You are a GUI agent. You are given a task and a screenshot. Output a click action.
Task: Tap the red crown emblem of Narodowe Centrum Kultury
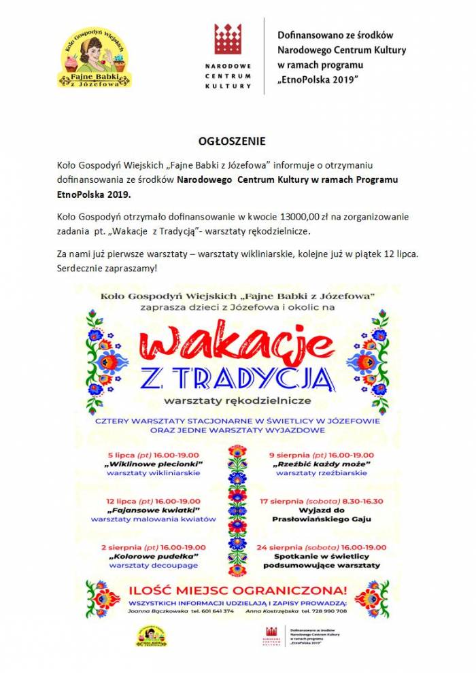(228, 39)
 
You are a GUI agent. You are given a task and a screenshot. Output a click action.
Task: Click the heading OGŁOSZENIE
(231, 141)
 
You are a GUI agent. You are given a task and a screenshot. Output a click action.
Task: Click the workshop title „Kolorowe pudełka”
(152, 556)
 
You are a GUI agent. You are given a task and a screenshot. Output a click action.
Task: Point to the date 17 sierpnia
(284, 500)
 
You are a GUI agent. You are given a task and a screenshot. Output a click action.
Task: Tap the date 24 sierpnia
(284, 547)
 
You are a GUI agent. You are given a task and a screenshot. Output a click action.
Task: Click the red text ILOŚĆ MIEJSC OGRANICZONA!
(238, 590)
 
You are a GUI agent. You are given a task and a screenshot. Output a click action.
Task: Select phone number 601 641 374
(212, 611)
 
